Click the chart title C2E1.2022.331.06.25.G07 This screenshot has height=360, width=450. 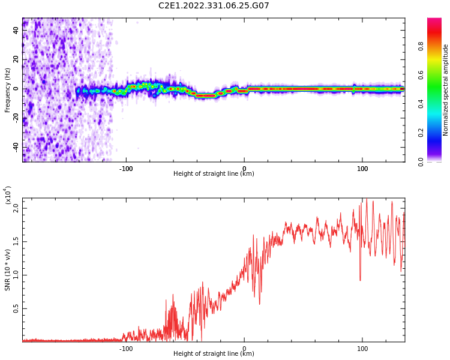pos(214,5)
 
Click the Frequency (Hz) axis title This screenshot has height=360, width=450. pos(7,90)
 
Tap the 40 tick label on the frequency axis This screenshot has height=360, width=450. pos(16,30)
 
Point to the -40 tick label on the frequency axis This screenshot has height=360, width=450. pos(16,148)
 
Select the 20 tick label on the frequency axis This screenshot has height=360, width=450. pos(16,59)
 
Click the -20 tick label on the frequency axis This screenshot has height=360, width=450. pos(16,118)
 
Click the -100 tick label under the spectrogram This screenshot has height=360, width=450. pos(126,169)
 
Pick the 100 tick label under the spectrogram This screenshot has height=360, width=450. pos(362,169)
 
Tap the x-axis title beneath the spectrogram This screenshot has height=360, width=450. pos(214,173)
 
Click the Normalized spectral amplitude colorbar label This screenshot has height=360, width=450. pos(445,90)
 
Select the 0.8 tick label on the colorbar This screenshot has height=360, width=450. pos(421,46)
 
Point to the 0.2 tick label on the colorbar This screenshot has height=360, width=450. pos(421,133)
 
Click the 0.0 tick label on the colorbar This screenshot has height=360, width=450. pos(421,162)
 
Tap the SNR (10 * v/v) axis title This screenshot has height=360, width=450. pos(7,270)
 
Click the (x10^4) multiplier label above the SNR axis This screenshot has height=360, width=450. pos(8,196)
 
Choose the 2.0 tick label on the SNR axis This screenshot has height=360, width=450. pos(16,208)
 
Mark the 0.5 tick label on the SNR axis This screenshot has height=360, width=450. pos(16,308)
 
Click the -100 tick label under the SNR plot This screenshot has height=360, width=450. pos(126,349)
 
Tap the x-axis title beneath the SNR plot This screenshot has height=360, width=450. pos(214,353)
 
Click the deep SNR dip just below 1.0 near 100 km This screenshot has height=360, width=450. pos(360,280)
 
